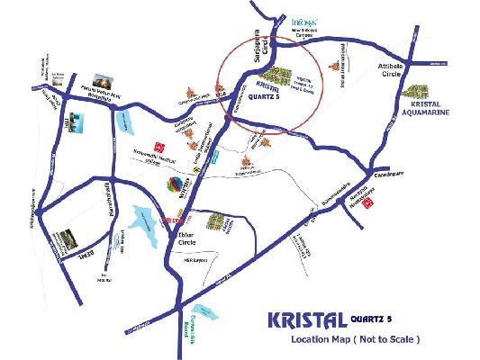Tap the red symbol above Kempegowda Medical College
[159, 143]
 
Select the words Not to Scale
[388, 342]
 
